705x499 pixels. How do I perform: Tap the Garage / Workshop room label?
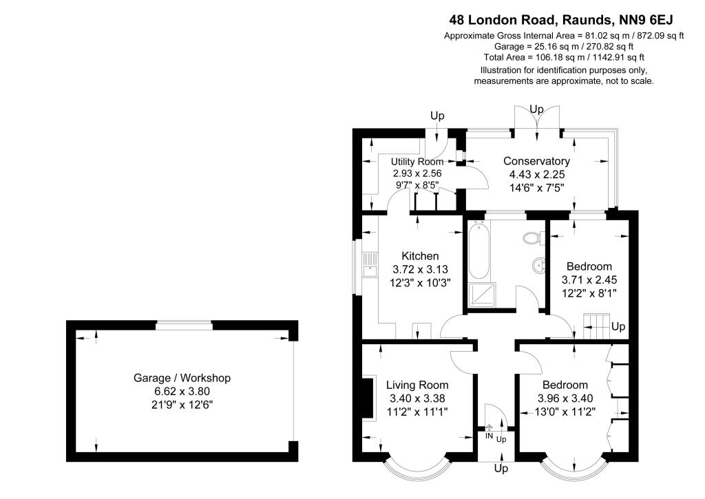(x=182, y=378)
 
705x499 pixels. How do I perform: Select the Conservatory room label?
(x=536, y=161)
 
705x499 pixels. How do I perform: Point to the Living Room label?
(x=417, y=385)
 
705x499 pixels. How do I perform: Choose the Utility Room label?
(x=417, y=162)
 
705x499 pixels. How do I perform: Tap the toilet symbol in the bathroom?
(x=532, y=238)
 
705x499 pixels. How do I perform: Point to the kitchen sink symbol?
(x=370, y=265)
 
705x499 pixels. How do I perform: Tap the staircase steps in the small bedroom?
(x=596, y=326)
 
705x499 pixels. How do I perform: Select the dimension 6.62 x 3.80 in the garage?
(x=182, y=391)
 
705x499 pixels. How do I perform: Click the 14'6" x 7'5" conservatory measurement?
(x=536, y=187)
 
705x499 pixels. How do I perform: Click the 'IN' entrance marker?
(x=489, y=436)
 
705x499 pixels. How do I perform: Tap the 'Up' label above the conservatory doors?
(x=536, y=109)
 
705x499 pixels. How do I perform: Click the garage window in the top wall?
(x=184, y=325)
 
